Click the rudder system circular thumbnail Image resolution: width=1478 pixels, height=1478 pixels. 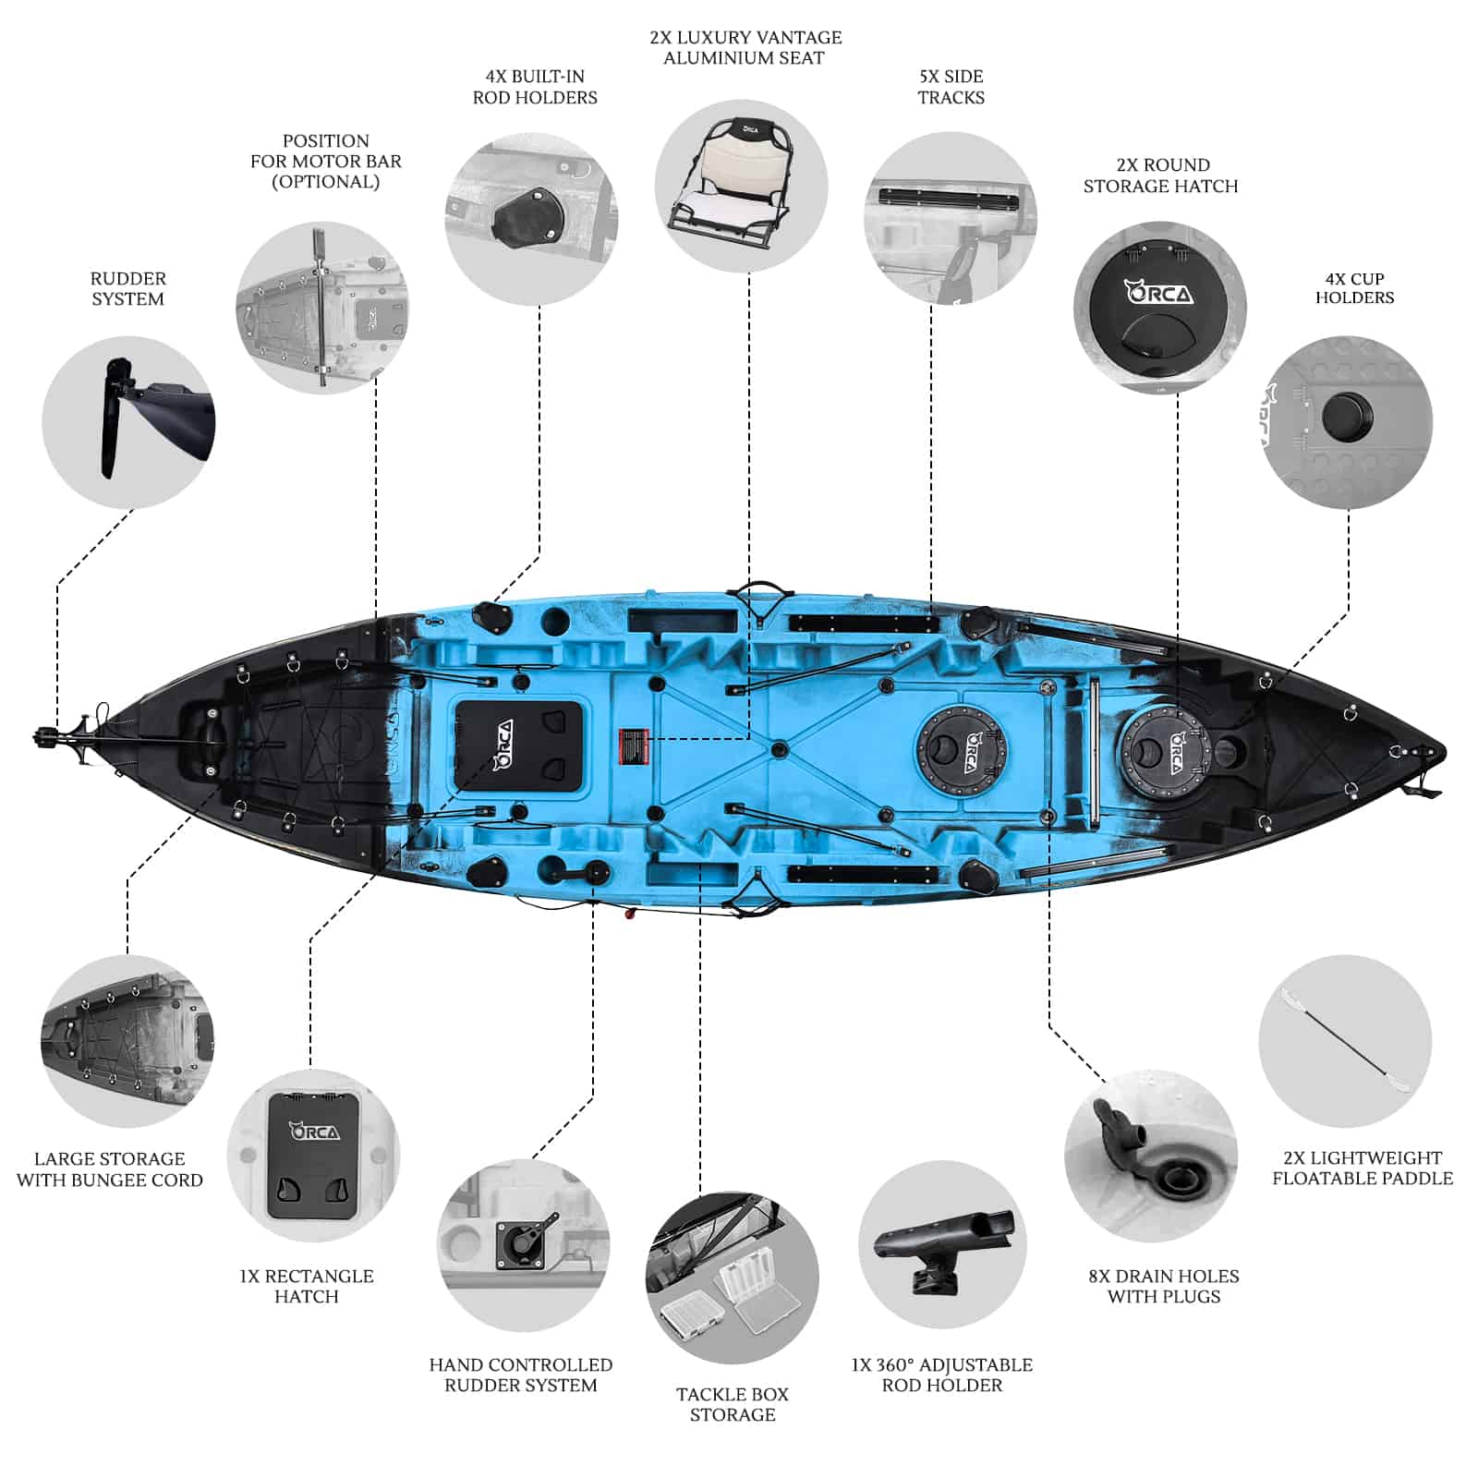(x=128, y=422)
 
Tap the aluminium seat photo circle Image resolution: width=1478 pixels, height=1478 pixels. (x=742, y=186)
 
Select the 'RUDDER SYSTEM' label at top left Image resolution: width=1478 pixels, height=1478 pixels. (x=128, y=288)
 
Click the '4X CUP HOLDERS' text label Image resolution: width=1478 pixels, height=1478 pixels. (x=1354, y=288)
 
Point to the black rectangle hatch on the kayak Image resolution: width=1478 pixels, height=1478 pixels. (x=520, y=745)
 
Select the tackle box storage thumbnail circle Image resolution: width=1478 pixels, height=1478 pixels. (x=732, y=1278)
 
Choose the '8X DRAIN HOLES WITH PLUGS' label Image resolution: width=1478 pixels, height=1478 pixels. (x=1164, y=1286)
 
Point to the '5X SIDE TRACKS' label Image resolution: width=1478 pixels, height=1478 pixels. (x=951, y=87)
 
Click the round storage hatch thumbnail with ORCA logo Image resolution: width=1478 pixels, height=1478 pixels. (x=1160, y=307)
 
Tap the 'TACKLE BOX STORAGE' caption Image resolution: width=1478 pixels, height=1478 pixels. (x=733, y=1404)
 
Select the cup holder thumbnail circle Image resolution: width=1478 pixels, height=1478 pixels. (x=1347, y=421)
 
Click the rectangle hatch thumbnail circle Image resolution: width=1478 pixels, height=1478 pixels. (x=313, y=1156)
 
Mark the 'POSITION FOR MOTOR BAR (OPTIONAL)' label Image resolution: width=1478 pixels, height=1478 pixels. (x=326, y=161)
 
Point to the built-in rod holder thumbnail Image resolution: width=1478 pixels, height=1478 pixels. (x=531, y=219)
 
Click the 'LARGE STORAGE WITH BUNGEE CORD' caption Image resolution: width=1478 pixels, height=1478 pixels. (x=110, y=1169)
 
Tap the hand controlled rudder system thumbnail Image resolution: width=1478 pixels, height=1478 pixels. (x=523, y=1245)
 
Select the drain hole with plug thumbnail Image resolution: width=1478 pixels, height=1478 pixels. (x=1151, y=1156)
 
